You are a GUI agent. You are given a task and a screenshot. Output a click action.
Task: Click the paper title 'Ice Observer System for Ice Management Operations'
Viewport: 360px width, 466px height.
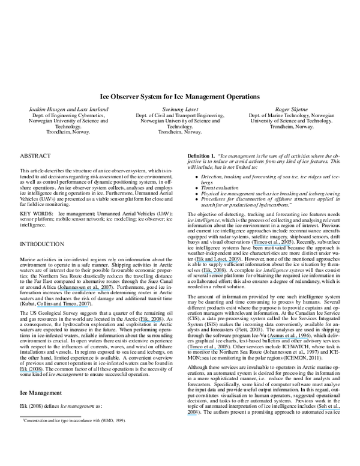pyautogui.click(x=179, y=95)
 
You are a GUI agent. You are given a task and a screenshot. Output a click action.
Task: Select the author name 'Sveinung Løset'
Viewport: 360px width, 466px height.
pyautogui.click(x=179, y=109)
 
